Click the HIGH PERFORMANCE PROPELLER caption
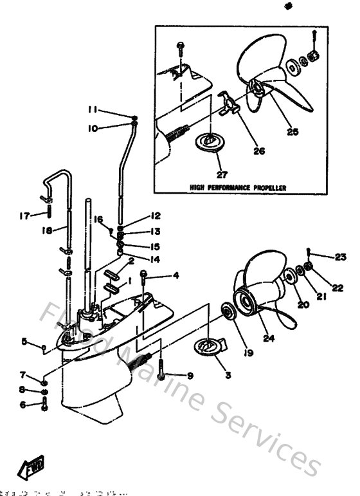pos(237,188)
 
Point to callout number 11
pos(93,109)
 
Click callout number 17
pos(24,216)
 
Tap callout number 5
pos(24,342)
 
